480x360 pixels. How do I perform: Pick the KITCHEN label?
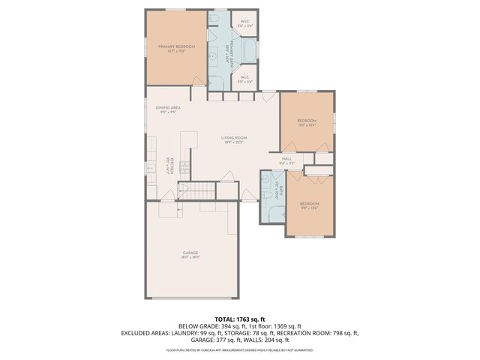point(172,167)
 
